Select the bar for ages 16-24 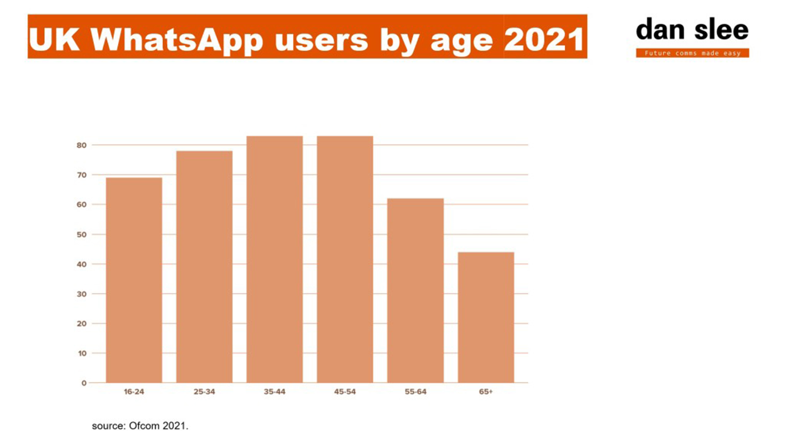[x=134, y=280]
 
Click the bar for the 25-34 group [x=204, y=267]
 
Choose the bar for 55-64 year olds [x=416, y=291]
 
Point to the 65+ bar [x=486, y=317]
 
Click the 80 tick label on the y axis [x=81, y=145]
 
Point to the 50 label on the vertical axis [x=81, y=235]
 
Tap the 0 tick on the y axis [x=84, y=383]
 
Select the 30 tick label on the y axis [x=81, y=294]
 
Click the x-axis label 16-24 [x=134, y=392]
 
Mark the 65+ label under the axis [x=486, y=392]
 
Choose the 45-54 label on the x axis [x=345, y=392]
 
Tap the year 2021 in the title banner [x=544, y=40]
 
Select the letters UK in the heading [x=54, y=40]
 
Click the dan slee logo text [x=692, y=30]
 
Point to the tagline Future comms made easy [x=693, y=53]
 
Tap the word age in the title [x=462, y=41]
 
